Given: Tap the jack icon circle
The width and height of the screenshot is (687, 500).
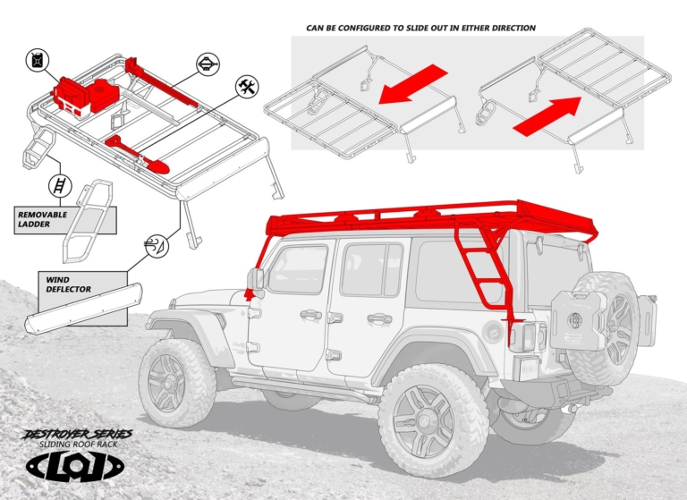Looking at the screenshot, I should (208, 64).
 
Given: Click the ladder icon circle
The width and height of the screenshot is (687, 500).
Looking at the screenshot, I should (58, 186).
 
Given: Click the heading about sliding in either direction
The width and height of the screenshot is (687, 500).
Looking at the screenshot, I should (420, 28).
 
